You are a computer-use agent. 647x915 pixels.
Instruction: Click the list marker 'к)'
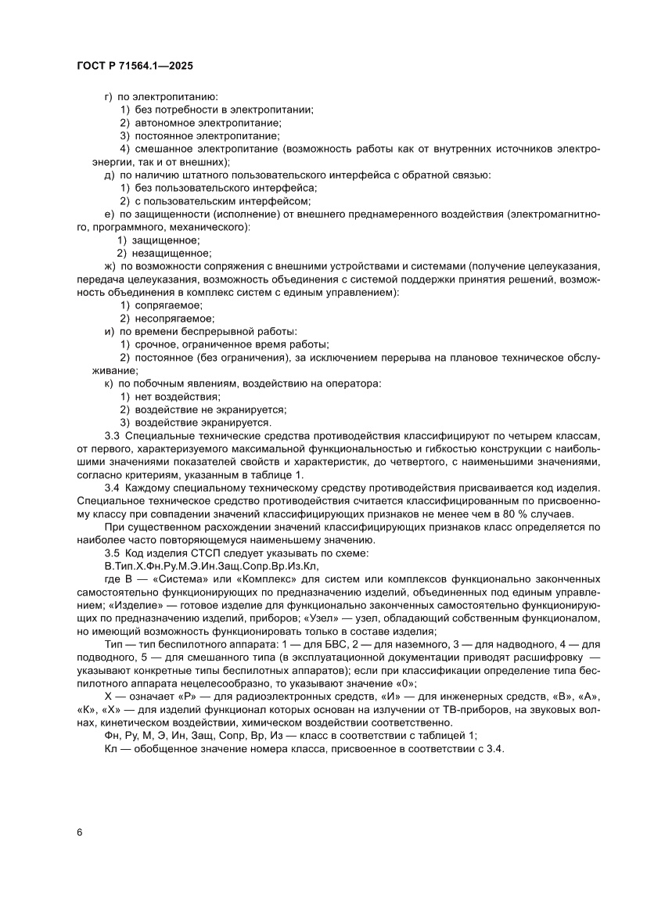pyautogui.click(x=110, y=384)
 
